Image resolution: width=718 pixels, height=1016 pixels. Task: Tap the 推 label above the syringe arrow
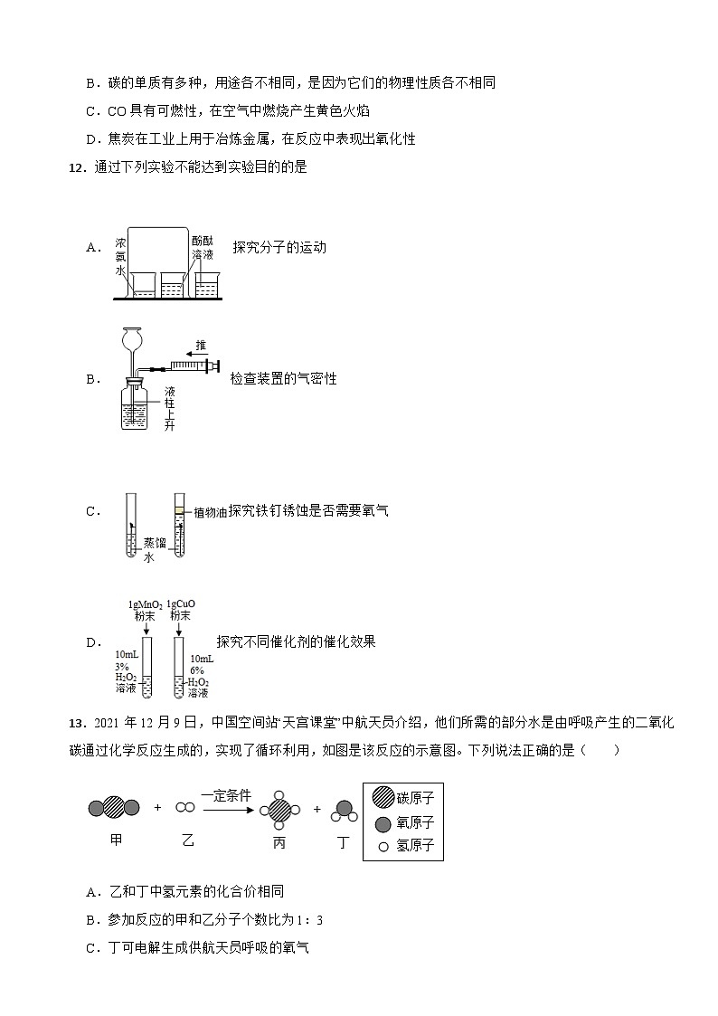point(200,346)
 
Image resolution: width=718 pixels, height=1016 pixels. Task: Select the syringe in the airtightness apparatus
point(191,366)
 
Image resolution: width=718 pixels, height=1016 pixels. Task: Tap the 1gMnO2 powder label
point(145,610)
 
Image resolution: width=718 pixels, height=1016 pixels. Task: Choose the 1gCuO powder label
point(181,610)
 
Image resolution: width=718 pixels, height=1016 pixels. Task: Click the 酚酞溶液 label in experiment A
point(203,249)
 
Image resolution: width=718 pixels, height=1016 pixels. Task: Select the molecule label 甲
point(115,840)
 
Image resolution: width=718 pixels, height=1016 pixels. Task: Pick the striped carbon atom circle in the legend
point(383,798)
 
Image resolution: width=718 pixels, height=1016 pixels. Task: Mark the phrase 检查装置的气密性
point(283,379)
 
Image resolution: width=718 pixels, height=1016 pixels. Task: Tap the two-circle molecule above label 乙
point(185,807)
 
